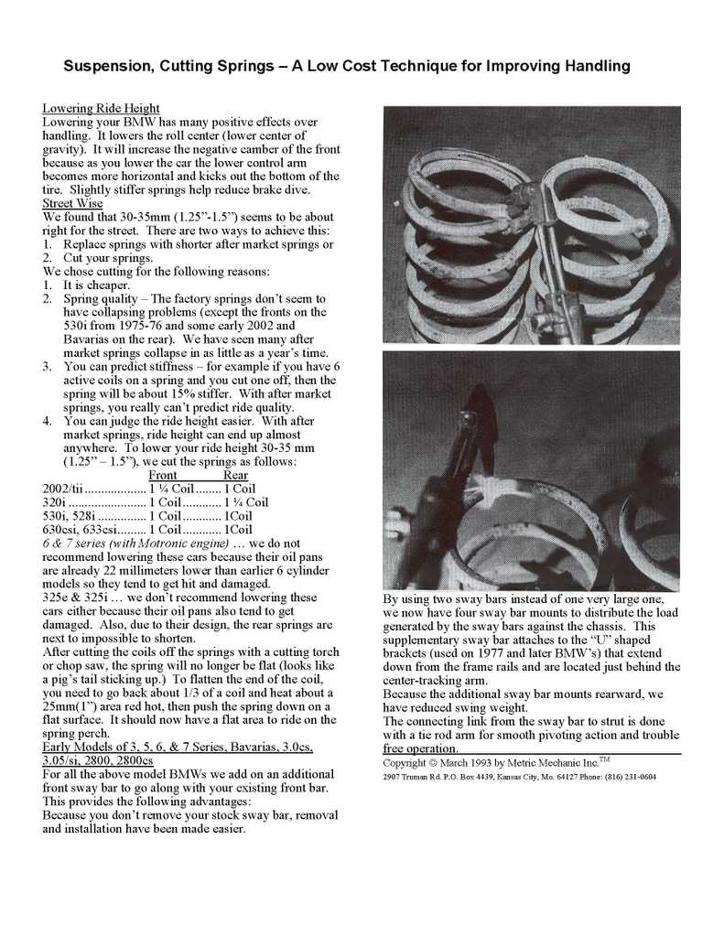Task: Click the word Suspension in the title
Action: pyautogui.click(x=104, y=66)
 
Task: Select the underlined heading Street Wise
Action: pyautogui.click(x=72, y=203)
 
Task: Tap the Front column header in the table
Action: pyautogui.click(x=163, y=475)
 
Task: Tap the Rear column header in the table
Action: pyautogui.click(x=235, y=475)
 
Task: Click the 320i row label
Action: pyautogui.click(x=55, y=501)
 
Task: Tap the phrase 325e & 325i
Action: pyautogui.click(x=76, y=597)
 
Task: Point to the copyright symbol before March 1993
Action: pyautogui.click(x=432, y=762)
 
